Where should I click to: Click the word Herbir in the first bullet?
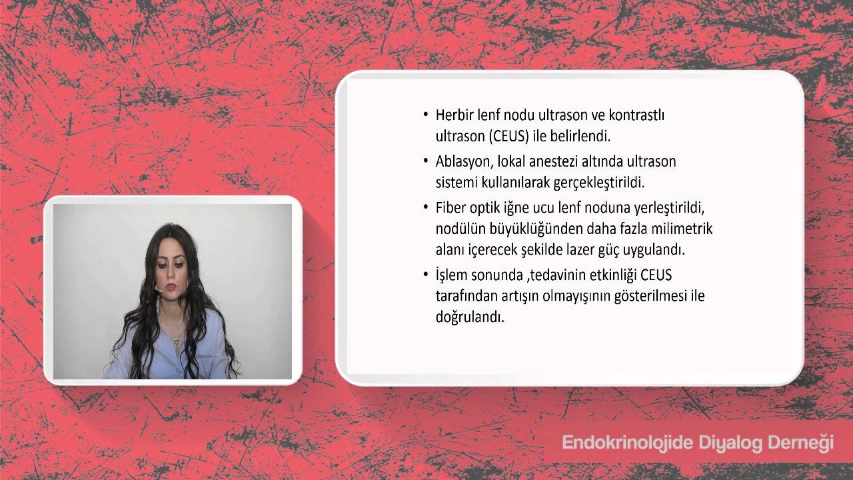(x=456, y=115)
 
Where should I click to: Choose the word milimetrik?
(x=681, y=229)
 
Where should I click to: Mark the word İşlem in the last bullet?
(x=452, y=275)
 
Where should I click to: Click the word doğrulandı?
(x=470, y=317)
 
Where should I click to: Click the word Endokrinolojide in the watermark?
(x=618, y=443)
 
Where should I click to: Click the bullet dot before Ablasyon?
(x=426, y=161)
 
